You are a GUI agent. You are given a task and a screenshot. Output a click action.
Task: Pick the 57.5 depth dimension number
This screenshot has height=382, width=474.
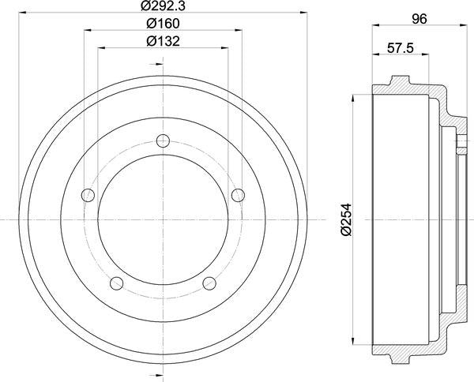pos(401,47)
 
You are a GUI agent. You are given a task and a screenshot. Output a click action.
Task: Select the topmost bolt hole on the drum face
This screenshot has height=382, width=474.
pos(164,140)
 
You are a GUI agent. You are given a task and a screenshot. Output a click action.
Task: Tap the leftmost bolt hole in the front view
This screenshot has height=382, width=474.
pos(89,195)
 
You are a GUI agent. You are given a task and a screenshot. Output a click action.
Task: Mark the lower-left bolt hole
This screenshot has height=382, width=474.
pos(118,282)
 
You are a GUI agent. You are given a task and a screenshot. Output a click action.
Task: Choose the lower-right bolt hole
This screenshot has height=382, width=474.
pos(209,282)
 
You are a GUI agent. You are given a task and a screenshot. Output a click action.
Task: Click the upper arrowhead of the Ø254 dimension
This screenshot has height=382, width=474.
pos(352,99)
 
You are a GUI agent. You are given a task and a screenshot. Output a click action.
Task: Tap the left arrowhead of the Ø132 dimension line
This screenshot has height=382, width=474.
pos(100,49)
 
